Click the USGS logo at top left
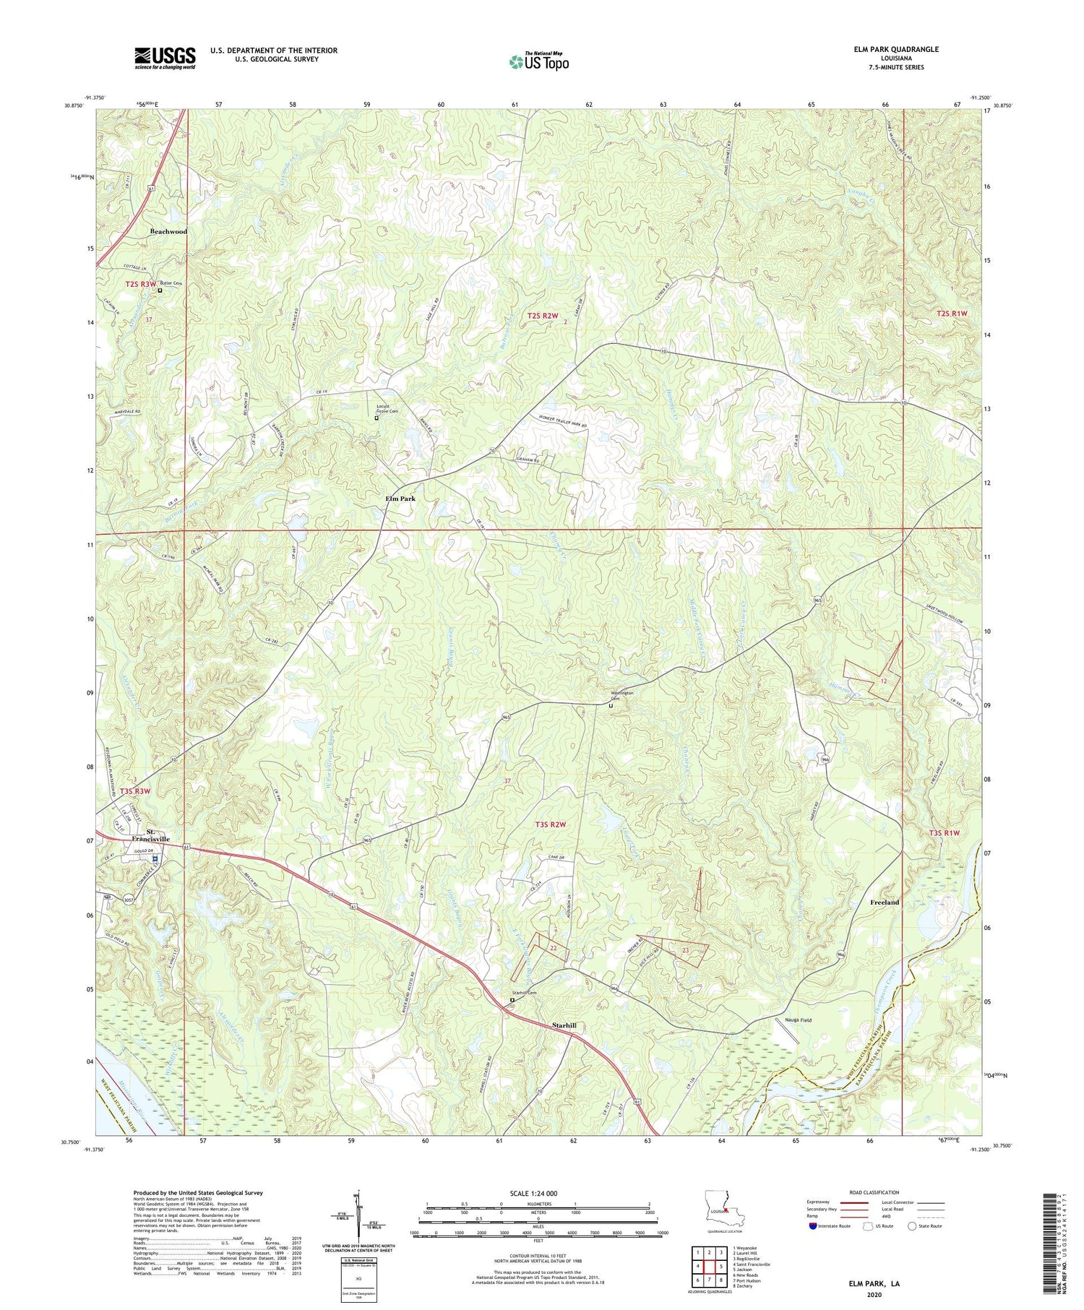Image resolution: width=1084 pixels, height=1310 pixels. coord(165,58)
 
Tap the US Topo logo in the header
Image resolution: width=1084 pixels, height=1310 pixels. coord(538,62)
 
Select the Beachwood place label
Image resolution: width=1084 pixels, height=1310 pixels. coord(168,231)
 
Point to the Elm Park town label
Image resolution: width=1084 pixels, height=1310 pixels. coord(400,499)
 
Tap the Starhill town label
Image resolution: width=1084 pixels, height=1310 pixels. coord(564,1025)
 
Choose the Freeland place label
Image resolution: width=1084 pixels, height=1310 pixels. coord(885,902)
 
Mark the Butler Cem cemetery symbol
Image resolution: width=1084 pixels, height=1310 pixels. coord(160,290)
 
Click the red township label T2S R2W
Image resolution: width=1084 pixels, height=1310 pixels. coord(543,316)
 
